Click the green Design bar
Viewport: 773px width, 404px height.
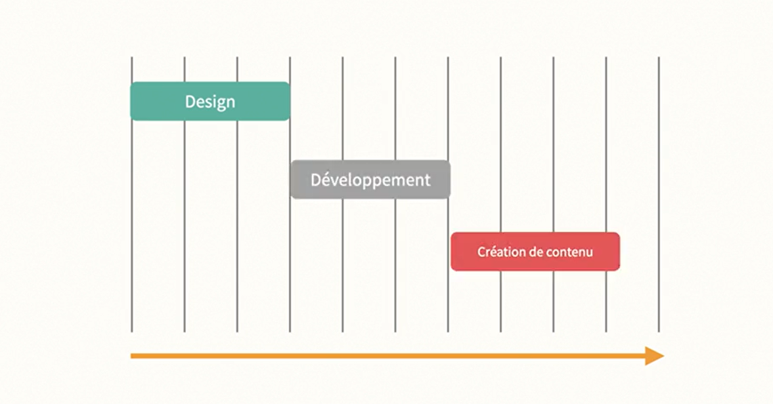tap(158, 101)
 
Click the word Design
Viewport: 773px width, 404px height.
tap(210, 102)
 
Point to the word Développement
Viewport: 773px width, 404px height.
tap(370, 180)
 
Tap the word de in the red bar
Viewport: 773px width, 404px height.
tap(533, 251)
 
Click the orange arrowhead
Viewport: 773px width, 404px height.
tap(654, 356)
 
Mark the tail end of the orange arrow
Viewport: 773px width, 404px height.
tap(133, 356)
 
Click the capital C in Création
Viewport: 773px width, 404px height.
tap(481, 251)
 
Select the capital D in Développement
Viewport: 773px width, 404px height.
tap(315, 179)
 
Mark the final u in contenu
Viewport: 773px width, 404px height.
tap(589, 252)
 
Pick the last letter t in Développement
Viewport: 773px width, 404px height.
tap(428, 180)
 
